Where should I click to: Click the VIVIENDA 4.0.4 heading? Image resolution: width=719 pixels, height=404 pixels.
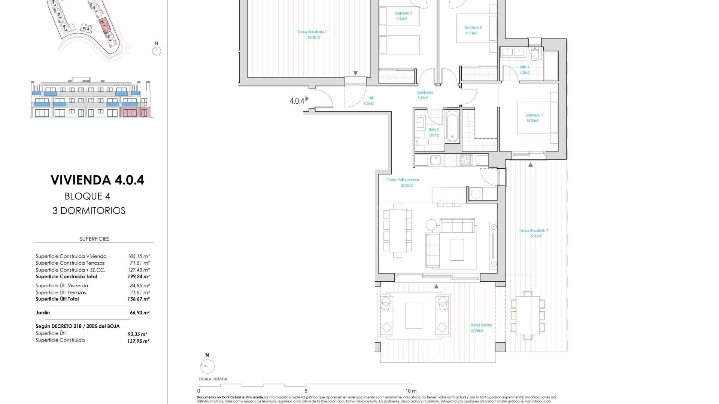pos(97,180)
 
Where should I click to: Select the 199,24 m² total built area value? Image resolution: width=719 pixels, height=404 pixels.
pos(139,277)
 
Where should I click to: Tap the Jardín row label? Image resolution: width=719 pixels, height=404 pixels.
pos(43,313)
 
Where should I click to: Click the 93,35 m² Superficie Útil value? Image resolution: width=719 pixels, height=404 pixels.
pos(137,334)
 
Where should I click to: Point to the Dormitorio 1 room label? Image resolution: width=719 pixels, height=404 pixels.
pos(534,115)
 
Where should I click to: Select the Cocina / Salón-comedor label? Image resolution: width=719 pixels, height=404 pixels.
pos(403,180)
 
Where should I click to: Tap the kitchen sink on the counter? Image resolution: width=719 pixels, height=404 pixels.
pos(436,160)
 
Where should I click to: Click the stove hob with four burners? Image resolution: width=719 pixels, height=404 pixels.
pos(466,160)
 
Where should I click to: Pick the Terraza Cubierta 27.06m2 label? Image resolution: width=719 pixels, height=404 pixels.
pos(481,328)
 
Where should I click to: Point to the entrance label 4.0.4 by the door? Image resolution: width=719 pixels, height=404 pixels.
pos(297,101)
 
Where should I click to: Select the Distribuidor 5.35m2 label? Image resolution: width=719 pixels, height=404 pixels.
pos(425,95)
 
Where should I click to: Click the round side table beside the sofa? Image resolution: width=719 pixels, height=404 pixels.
pos(431,224)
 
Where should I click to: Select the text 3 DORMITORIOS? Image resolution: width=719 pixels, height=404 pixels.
pos(89,211)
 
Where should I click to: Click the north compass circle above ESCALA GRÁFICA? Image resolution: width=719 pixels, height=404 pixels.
pos(207,366)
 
